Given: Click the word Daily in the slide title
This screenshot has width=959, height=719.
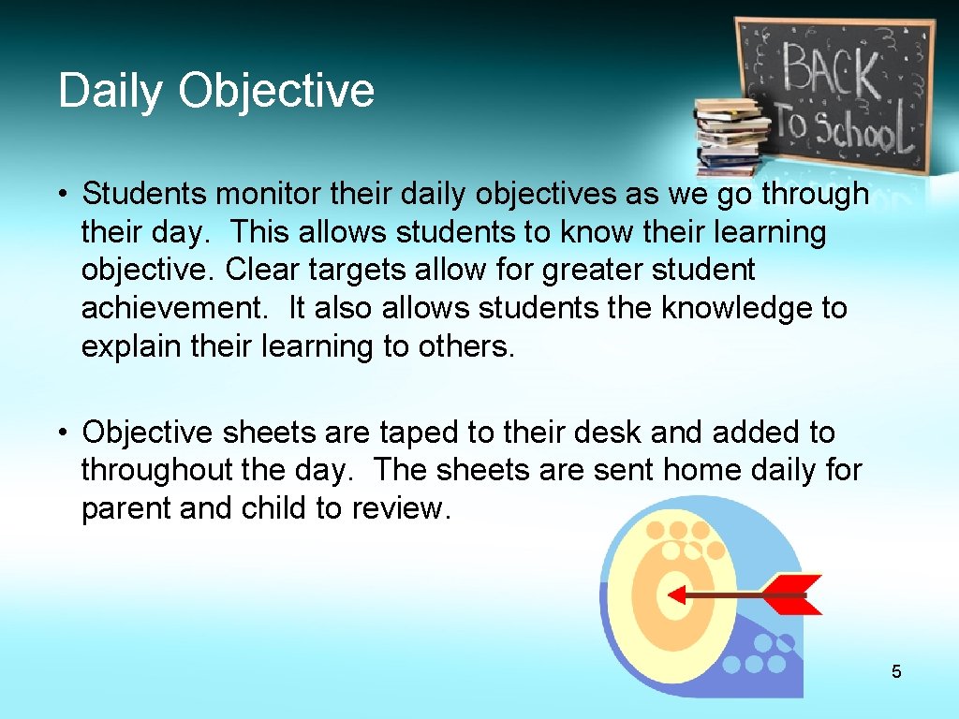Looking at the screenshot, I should pos(111,92).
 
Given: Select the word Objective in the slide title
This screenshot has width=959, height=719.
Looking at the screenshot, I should pos(276,92).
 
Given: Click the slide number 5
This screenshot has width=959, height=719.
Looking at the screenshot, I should pos(896,671).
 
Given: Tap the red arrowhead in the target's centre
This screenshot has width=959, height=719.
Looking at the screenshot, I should pos(675,594).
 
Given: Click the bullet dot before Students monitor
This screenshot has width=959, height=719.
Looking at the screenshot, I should pos(59,195).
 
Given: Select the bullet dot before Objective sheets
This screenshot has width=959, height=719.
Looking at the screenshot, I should pos(59,433).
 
